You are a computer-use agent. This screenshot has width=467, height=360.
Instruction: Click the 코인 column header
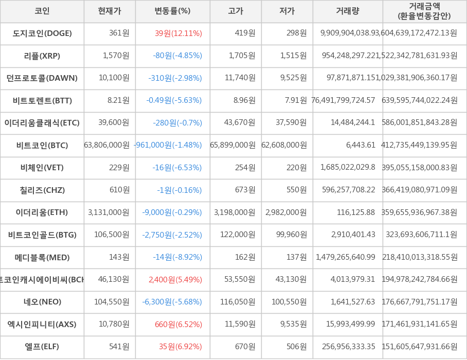42,11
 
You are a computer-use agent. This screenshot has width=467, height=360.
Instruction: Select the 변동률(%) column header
172,11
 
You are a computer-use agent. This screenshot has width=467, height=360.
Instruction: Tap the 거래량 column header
348,11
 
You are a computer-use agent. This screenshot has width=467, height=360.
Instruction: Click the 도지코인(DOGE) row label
42,33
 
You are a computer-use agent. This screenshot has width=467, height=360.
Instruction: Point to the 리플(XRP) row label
42,56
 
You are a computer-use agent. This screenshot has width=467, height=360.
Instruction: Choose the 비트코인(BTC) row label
42,145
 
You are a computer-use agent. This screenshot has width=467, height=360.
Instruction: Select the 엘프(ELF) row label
42,347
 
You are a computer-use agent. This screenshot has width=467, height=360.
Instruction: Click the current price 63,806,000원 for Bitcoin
107,145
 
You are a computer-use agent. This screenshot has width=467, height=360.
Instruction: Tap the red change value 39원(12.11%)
178,33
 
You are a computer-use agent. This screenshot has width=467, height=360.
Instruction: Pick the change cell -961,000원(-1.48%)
168,145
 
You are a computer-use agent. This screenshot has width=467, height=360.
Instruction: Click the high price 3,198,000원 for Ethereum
235,212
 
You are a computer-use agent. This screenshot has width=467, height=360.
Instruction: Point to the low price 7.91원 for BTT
296,100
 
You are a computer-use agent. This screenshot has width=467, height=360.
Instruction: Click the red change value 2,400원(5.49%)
175,279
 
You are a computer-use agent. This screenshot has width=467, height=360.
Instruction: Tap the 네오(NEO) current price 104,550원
112,302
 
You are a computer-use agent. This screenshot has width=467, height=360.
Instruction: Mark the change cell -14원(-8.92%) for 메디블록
177,257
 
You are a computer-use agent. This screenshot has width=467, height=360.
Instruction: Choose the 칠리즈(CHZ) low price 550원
296,190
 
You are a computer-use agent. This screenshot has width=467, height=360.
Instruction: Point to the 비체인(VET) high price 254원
245,168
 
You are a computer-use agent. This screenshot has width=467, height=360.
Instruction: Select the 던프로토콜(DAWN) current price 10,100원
114,78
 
